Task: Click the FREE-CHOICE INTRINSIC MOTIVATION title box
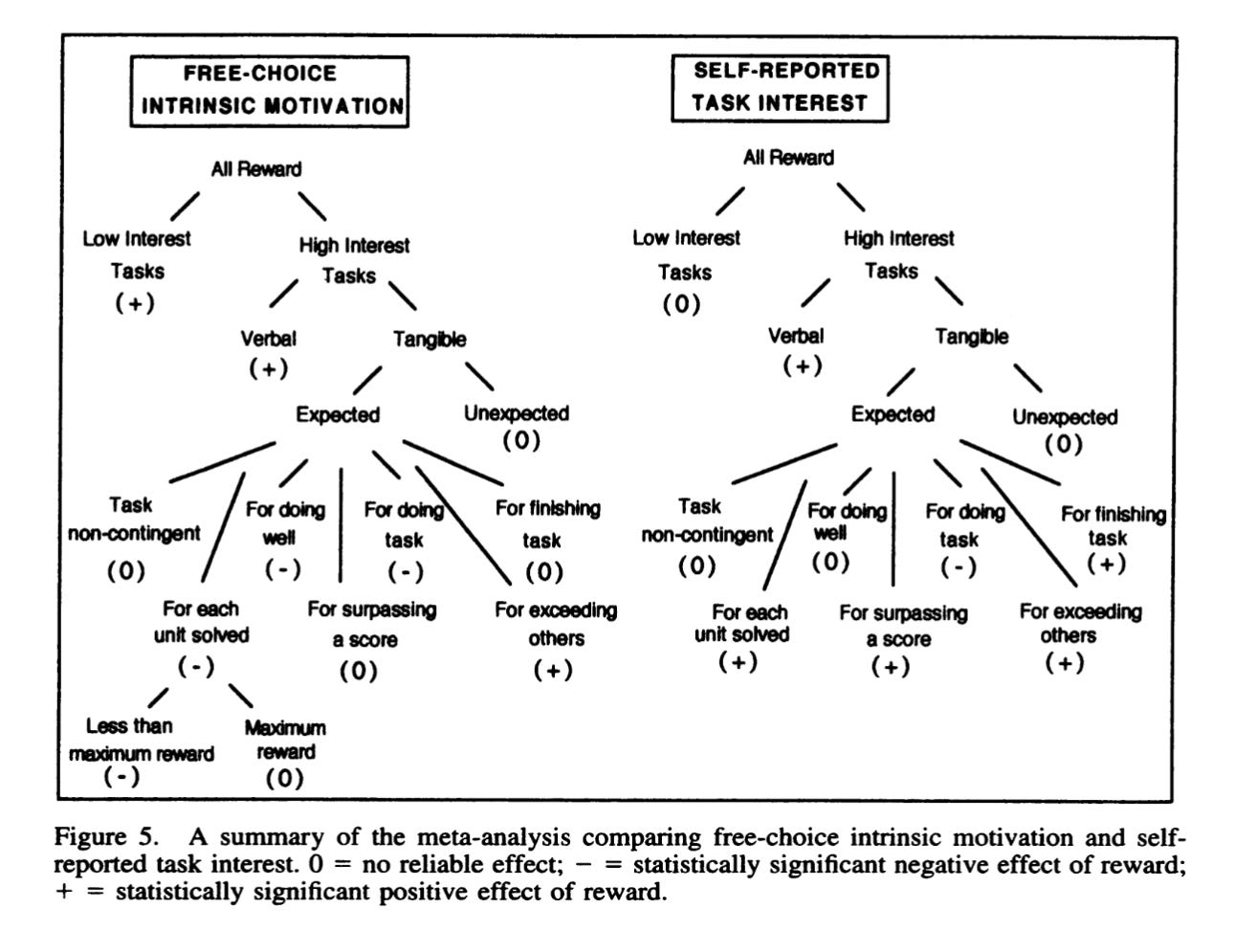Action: tap(271, 90)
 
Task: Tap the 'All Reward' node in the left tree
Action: tap(256, 169)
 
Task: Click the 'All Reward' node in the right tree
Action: tap(788, 157)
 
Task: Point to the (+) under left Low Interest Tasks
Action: tap(135, 303)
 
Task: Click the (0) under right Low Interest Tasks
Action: tap(682, 304)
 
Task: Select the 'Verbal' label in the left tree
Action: tap(268, 338)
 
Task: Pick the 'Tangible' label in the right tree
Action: tap(972, 336)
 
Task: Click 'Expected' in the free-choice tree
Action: tap(338, 414)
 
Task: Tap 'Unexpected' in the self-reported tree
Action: tap(1065, 417)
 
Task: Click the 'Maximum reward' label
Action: tap(285, 740)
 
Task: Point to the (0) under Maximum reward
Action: tap(284, 778)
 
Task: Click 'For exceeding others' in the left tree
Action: tap(556, 624)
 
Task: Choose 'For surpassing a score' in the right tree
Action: tap(903, 626)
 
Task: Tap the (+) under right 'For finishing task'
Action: tap(1107, 565)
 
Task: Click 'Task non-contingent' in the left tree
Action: tap(134, 520)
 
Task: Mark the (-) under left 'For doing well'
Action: tap(283, 569)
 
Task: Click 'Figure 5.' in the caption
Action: tap(105, 838)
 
